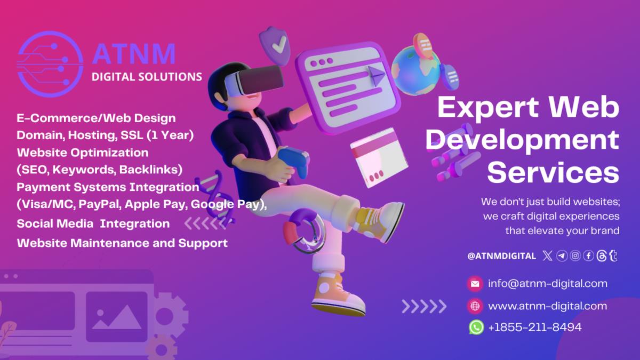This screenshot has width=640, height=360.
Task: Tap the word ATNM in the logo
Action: coord(134,54)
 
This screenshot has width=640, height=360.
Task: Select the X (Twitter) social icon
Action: coord(547,255)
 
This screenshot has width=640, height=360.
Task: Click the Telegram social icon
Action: coord(562,255)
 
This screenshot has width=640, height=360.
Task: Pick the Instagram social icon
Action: coord(575,255)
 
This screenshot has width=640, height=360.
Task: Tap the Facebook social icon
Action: coord(589,255)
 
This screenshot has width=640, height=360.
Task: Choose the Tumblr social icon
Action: coord(613,255)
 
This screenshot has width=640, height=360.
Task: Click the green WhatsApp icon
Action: coord(476,327)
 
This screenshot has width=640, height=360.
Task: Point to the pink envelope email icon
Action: coord(475,284)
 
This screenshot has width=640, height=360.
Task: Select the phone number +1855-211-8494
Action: coord(535,327)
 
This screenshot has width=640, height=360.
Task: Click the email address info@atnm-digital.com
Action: coord(547,284)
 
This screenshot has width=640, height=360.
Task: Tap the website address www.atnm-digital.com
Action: coord(547,306)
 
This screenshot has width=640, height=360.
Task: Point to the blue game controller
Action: coord(294,161)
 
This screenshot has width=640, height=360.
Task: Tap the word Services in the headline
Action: coord(553,172)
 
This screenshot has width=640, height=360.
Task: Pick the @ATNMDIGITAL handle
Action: coord(501,256)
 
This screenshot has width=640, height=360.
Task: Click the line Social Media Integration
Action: coord(93,223)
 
